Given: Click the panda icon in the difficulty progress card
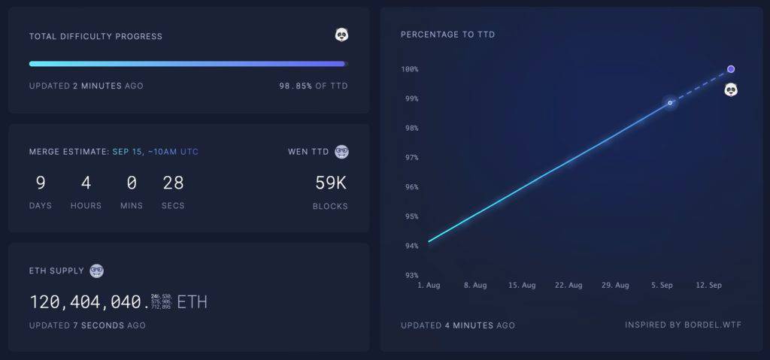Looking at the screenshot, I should click(x=341, y=35).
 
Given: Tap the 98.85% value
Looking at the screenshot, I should click(x=296, y=86).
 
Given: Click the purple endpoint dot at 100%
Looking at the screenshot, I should click(x=731, y=69).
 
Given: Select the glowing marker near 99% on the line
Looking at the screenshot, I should click(x=670, y=102).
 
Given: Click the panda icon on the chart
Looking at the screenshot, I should click(x=731, y=90).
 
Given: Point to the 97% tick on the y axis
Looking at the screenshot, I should click(x=411, y=158).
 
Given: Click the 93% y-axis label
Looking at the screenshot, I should click(x=411, y=276).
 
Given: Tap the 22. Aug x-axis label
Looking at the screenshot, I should click(x=569, y=286).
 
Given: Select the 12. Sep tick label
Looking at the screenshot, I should click(x=709, y=286).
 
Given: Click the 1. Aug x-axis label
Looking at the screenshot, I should click(x=429, y=286).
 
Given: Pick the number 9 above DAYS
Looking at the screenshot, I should click(x=41, y=183).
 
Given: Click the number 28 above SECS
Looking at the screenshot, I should click(x=173, y=183).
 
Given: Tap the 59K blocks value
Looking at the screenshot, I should click(x=331, y=183).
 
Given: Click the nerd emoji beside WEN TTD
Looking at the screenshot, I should click(x=341, y=151).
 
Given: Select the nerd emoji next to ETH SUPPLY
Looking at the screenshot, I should click(x=96, y=271).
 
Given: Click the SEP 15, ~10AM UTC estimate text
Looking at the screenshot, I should click(x=156, y=152).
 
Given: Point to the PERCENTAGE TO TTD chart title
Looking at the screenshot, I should click(x=447, y=35).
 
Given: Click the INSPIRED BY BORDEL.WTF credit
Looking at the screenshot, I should click(x=683, y=325).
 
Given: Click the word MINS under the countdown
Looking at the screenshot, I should click(x=131, y=206).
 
